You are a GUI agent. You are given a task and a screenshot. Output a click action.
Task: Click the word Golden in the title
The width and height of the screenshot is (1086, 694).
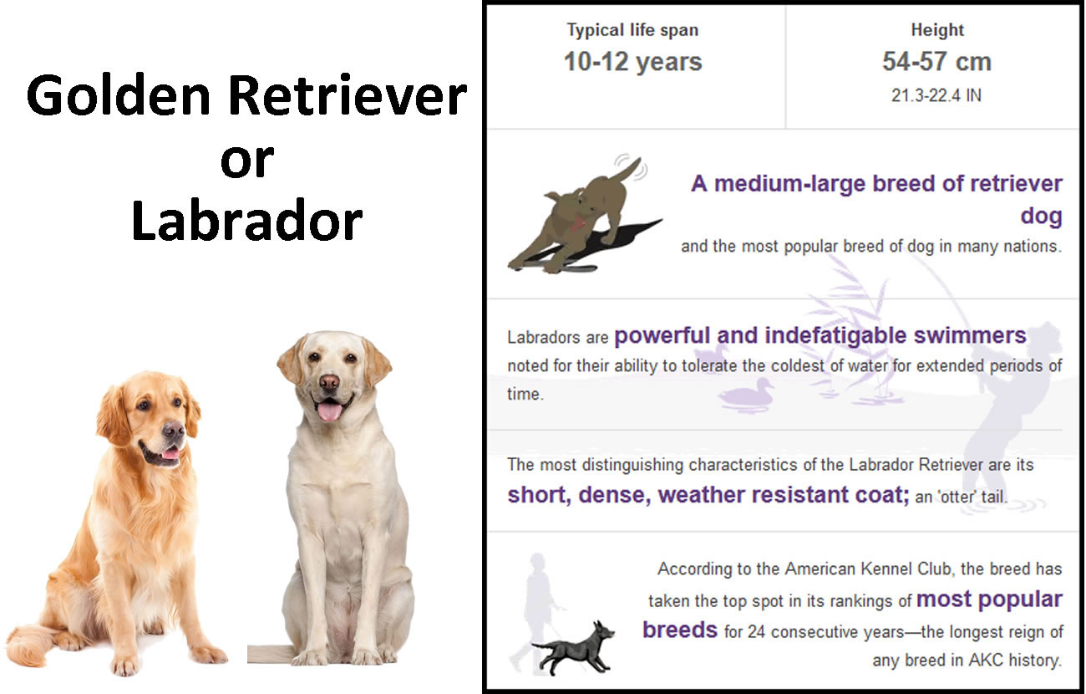(119, 96)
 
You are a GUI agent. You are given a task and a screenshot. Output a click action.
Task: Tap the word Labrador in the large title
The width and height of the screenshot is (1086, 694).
(246, 220)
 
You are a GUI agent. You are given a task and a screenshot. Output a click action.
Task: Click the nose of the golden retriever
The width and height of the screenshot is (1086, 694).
(173, 430)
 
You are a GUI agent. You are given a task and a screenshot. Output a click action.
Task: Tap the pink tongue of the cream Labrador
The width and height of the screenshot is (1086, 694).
(329, 412)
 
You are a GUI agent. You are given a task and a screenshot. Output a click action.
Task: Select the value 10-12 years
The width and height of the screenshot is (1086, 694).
(632, 62)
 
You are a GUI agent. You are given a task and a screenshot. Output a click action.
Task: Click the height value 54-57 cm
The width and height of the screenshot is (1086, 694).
(936, 62)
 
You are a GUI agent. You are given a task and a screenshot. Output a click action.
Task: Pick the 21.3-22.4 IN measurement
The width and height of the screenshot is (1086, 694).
(936, 95)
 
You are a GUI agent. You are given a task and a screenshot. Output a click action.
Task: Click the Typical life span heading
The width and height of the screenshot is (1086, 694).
(632, 30)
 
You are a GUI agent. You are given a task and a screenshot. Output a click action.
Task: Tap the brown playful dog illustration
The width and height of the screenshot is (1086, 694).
(581, 218)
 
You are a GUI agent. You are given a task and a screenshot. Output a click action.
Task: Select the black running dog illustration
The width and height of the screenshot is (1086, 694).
(575, 648)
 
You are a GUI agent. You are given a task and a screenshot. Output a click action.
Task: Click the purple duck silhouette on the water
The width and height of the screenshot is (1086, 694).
(747, 395)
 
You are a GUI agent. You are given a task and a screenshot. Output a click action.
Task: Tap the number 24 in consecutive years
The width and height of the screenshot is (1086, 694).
(757, 632)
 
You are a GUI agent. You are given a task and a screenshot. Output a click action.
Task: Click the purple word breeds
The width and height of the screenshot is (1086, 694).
(680, 630)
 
